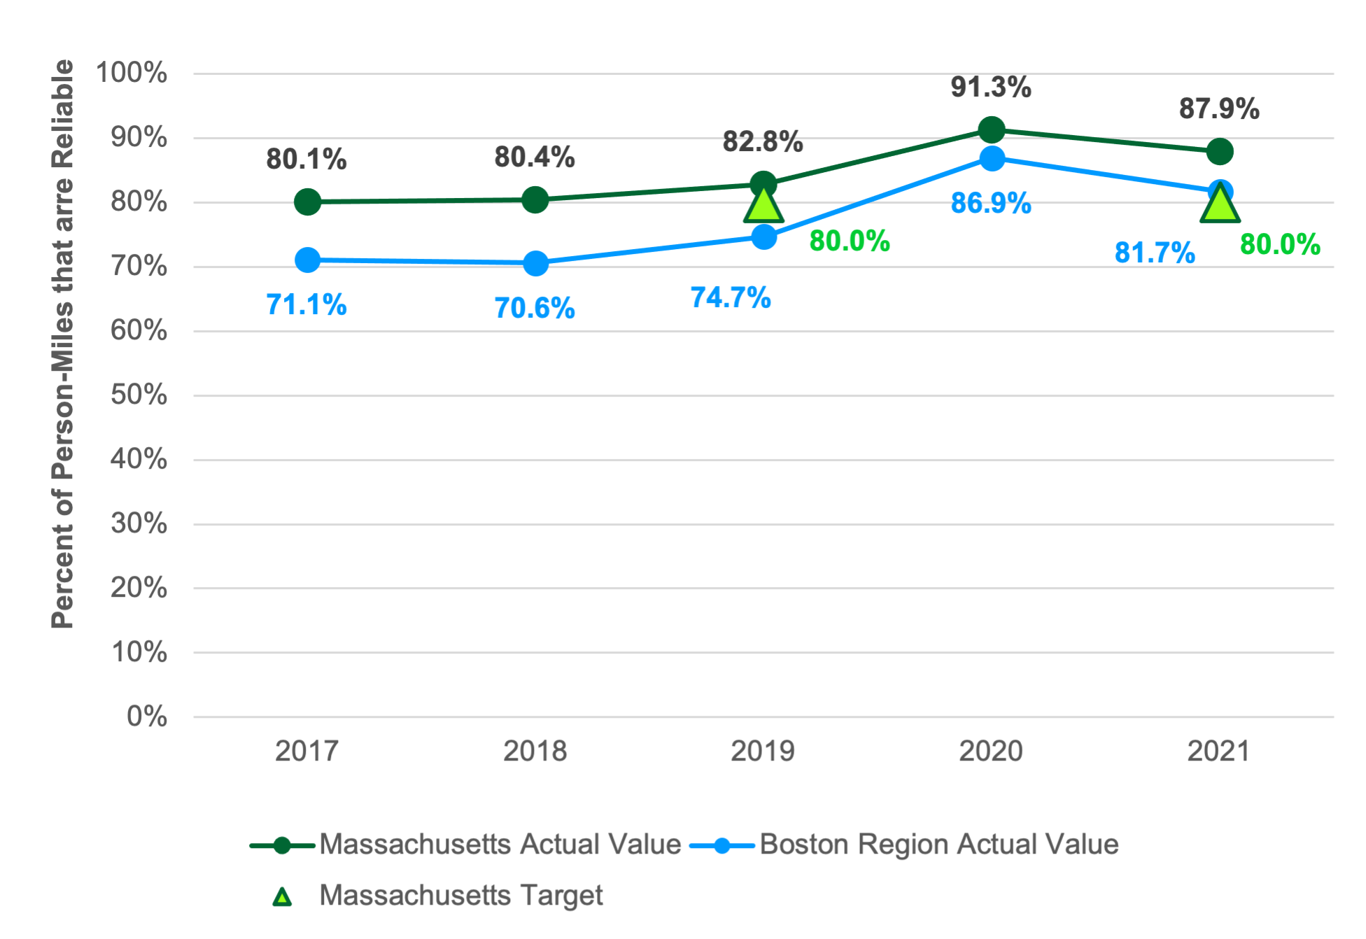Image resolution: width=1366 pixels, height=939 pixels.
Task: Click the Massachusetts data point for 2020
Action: pos(991,130)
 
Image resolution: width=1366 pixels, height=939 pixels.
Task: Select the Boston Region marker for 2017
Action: pos(307,260)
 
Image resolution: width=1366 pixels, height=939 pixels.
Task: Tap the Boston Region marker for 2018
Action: pos(535,264)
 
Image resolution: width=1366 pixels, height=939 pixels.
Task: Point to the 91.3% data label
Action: pos(990,87)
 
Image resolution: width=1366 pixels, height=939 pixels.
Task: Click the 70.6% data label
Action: pos(535,308)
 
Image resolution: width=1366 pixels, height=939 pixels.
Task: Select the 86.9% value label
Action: pos(990,204)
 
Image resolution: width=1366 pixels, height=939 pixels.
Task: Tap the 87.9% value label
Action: pos(1219,109)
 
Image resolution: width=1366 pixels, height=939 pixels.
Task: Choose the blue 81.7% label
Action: pos(1155,253)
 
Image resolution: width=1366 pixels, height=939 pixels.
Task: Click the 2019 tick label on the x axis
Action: pos(763,751)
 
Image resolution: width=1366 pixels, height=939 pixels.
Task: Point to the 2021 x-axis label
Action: pos(1218,751)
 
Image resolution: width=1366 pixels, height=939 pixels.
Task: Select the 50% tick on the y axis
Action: pos(139,395)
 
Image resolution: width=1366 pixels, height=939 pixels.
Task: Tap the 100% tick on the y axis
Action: pos(132,73)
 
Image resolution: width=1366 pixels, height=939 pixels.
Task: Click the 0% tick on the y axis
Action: pos(147,716)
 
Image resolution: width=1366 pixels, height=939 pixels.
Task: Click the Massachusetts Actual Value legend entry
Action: pos(500,845)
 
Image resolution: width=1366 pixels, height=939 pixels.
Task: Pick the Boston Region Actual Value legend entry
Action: pos(938,845)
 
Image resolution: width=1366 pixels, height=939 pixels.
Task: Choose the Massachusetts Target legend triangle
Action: pos(282,896)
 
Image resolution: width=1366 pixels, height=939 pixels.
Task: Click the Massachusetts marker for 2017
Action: pos(307,202)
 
